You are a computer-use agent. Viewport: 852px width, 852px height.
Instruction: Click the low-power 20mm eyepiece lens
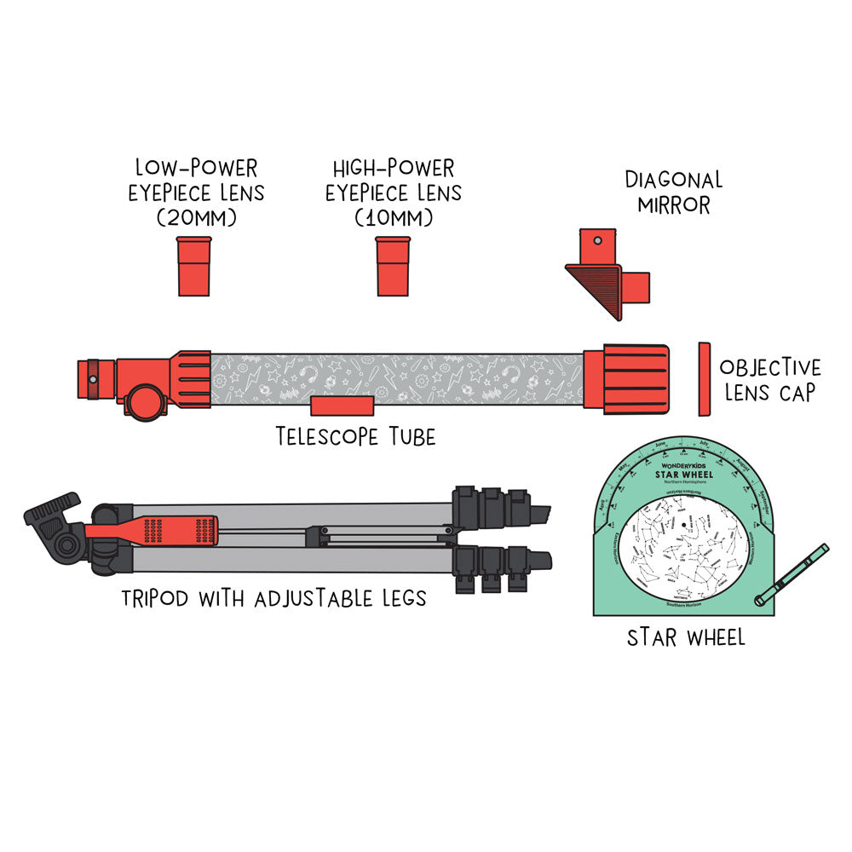point(193,267)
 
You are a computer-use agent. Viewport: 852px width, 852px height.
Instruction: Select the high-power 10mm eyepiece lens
point(393,267)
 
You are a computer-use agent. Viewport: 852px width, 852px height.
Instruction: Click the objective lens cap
point(704,379)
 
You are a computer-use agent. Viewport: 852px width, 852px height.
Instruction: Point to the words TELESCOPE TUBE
point(356,437)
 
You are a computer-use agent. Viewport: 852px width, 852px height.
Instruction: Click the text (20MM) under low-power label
point(196,219)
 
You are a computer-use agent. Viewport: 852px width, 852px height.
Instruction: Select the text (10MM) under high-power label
point(393,219)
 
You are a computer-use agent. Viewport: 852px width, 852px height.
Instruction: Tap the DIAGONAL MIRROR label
point(673,193)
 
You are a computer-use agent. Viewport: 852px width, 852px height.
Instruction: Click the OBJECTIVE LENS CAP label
point(770,379)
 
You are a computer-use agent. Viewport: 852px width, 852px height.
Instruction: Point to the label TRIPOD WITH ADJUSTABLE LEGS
point(273,596)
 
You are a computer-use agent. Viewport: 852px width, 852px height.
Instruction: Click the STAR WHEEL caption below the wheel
point(686,636)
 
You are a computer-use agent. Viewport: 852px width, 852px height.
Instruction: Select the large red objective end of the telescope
point(636,379)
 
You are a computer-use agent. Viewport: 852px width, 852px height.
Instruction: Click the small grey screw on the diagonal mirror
point(598,241)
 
